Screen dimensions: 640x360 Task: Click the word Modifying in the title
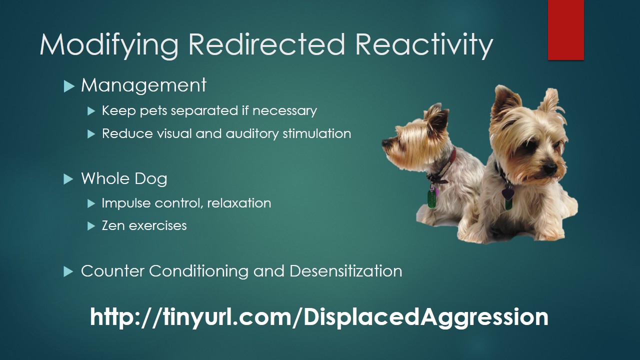coord(109,45)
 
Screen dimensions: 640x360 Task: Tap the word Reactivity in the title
coord(424,45)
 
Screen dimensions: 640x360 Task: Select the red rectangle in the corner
coord(565,29)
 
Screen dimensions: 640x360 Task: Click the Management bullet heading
coord(143,85)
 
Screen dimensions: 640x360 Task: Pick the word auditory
coord(252,134)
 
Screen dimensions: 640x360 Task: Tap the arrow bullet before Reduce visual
coord(91,134)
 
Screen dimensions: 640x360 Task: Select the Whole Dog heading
coord(124,179)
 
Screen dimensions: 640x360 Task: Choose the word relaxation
coord(239,203)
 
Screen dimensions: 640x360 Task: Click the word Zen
coord(113,225)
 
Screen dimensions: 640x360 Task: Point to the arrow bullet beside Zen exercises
coord(91,226)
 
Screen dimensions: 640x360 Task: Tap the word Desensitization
coord(345,271)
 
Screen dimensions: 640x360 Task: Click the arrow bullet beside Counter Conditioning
coord(69,271)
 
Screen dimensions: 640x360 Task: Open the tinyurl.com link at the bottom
coord(319,317)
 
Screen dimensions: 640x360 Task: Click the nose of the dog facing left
coord(385,142)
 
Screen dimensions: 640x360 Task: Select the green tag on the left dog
coord(431,198)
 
